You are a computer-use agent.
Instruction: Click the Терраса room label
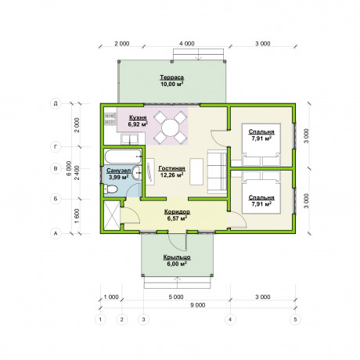[171, 77]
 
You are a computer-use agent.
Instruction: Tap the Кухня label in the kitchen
[138, 117]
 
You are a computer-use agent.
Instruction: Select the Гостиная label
[171, 168]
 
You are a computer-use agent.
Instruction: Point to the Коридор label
[177, 211]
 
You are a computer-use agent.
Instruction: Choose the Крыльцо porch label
[177, 257]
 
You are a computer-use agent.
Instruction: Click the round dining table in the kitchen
[170, 128]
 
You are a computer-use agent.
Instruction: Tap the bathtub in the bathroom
[123, 157]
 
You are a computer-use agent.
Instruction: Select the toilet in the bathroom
[110, 189]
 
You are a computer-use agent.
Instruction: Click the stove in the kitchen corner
[110, 118]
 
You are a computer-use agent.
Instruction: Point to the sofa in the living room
[217, 172]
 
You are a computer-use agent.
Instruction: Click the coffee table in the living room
[196, 171]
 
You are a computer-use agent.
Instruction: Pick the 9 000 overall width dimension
[198, 305]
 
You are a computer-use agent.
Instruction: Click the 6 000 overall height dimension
[69, 168]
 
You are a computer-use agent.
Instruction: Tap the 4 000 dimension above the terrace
[187, 44]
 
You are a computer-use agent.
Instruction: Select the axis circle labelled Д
[56, 103]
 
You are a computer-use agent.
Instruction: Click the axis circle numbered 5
[295, 319]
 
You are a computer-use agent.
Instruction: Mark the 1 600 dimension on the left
[77, 216]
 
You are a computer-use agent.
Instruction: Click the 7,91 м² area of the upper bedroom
[261, 139]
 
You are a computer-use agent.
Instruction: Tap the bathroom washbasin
[136, 172]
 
